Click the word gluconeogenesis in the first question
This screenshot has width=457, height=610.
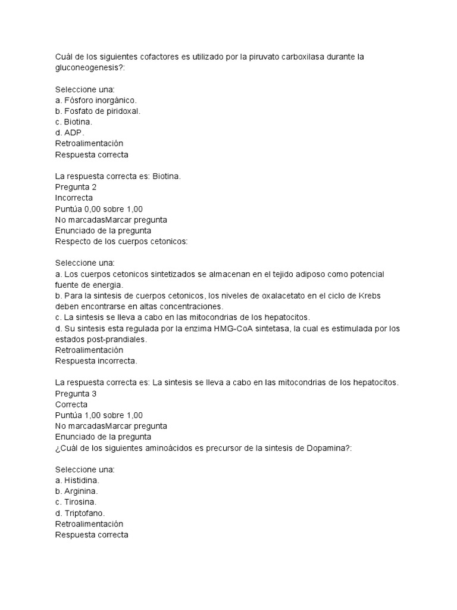click(89, 68)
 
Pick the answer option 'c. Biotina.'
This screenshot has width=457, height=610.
click(74, 122)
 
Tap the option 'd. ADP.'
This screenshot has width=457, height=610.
click(70, 132)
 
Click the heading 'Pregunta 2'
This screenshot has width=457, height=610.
click(76, 186)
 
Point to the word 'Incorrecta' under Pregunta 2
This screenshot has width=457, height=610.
click(74, 197)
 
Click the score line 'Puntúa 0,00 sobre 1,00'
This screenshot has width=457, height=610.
click(99, 208)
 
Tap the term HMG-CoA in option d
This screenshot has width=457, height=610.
click(242, 328)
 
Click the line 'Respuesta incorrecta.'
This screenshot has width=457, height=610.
click(96, 360)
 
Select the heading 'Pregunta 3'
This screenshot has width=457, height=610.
click(76, 393)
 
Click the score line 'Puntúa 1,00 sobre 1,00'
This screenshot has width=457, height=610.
click(99, 415)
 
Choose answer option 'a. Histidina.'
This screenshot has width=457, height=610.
click(77, 480)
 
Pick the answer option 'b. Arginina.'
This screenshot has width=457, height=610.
click(76, 491)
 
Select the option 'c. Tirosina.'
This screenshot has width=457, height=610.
click(76, 502)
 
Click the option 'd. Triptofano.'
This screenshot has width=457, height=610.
click(80, 513)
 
